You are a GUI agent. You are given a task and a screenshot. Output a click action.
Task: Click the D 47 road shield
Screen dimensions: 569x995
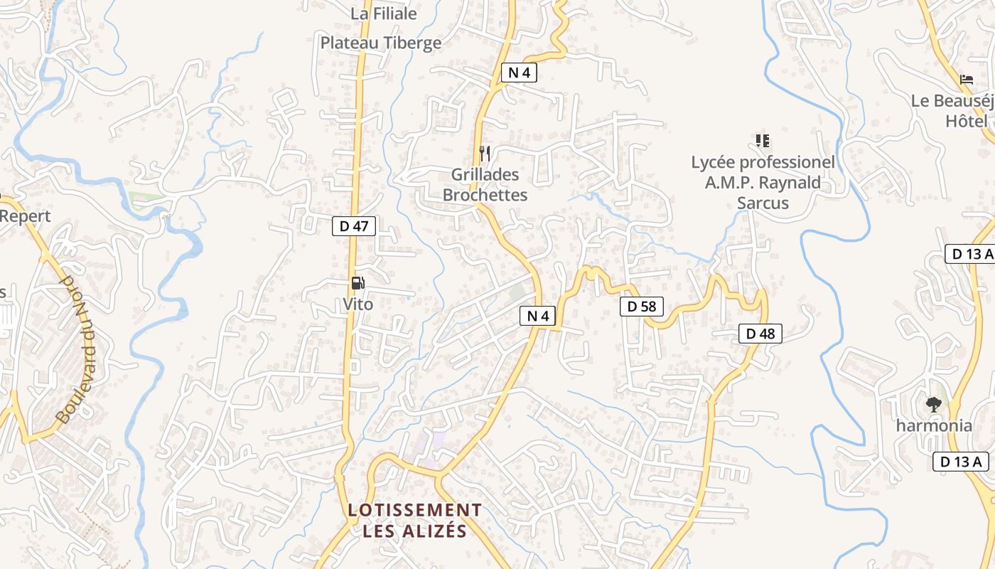[x=354, y=227]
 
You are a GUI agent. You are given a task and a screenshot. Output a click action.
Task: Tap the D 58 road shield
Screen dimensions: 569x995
[x=642, y=307]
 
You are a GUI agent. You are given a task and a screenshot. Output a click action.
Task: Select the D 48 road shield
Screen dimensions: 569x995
[x=760, y=333]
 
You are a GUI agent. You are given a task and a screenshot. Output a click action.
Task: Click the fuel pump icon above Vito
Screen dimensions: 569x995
[x=357, y=283]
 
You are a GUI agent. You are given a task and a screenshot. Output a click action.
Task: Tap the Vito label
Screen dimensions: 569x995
[x=357, y=304]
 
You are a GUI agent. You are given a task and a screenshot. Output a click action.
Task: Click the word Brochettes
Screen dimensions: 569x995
[x=485, y=195]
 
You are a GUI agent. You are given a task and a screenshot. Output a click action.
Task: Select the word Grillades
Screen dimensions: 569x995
[x=485, y=174]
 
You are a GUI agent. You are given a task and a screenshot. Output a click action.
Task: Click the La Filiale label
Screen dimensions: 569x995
[x=384, y=14]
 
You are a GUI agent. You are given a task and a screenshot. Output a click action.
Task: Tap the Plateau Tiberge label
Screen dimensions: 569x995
[x=381, y=43]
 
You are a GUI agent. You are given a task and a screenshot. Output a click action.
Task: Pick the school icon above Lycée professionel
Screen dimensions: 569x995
[x=763, y=141]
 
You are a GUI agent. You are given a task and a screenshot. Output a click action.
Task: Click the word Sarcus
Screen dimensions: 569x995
[x=763, y=203]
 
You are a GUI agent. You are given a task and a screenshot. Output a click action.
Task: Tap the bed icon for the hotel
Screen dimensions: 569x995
[x=966, y=80]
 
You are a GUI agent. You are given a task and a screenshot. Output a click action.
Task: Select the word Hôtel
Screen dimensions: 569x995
[x=967, y=122]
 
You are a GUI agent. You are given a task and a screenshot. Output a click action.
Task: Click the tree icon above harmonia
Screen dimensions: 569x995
[x=934, y=405]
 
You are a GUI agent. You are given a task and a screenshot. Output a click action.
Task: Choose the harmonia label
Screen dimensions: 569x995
[x=934, y=426]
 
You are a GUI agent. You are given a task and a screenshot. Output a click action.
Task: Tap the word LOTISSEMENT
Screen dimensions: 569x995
[x=415, y=510]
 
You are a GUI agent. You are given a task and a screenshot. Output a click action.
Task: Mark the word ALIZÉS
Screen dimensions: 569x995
[x=439, y=531]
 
